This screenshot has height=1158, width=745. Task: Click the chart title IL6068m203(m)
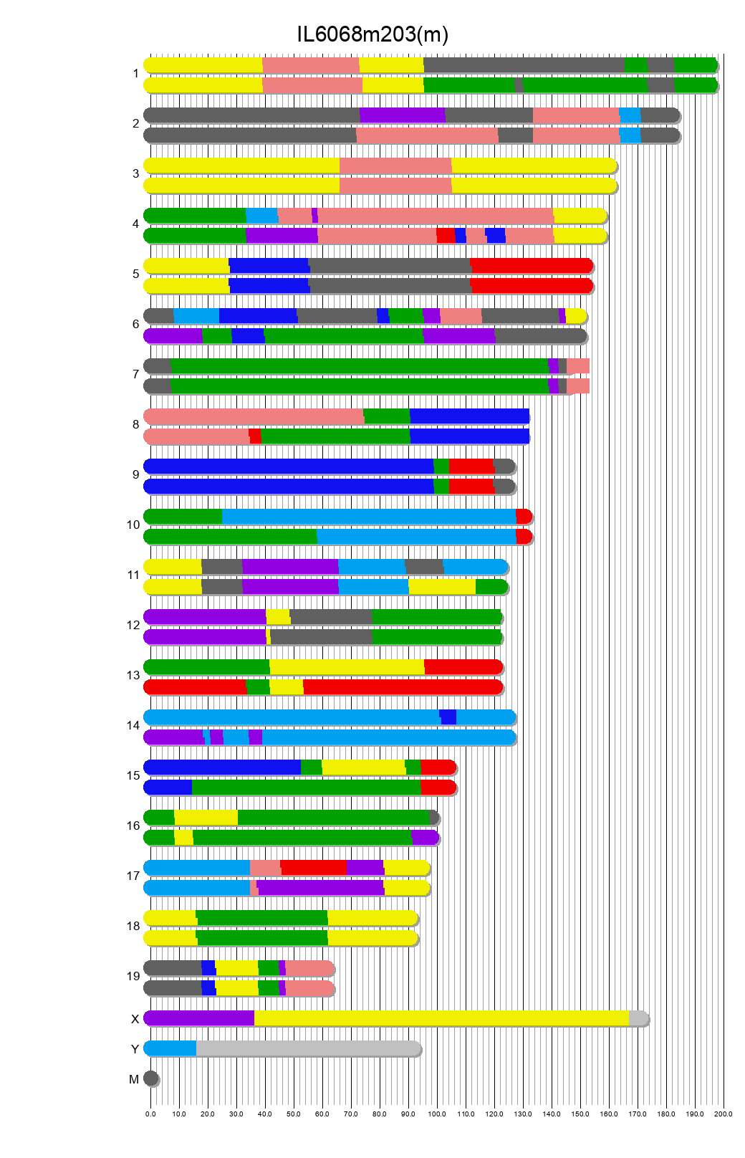(x=372, y=34)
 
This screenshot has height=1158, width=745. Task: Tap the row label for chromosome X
(x=135, y=1019)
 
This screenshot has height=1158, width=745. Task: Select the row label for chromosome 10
(x=133, y=525)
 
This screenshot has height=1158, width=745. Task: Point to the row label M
(x=134, y=1079)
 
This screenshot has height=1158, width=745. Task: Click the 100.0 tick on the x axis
(x=437, y=1114)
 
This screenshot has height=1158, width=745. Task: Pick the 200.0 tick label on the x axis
(x=724, y=1114)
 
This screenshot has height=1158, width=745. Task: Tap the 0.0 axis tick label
(x=150, y=1114)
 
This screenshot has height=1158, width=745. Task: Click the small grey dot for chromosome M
(x=150, y=1078)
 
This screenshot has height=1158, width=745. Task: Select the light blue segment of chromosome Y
(x=170, y=1048)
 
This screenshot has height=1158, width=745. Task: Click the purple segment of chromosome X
(x=199, y=1018)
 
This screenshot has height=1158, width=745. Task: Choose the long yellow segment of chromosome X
(x=441, y=1018)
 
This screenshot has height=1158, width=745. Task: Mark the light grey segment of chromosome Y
(x=308, y=1048)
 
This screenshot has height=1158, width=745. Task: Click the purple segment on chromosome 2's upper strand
(x=402, y=115)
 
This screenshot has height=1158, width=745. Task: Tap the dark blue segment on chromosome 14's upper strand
(x=448, y=717)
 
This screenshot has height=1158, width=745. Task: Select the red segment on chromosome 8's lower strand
(x=255, y=436)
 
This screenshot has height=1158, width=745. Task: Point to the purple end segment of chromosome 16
(x=425, y=837)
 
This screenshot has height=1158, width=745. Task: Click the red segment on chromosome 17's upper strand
(x=313, y=867)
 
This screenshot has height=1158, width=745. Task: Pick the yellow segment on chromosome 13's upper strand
(x=347, y=666)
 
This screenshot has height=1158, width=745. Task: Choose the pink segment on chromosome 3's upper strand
(x=395, y=165)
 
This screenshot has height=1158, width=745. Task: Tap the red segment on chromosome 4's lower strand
(x=446, y=235)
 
